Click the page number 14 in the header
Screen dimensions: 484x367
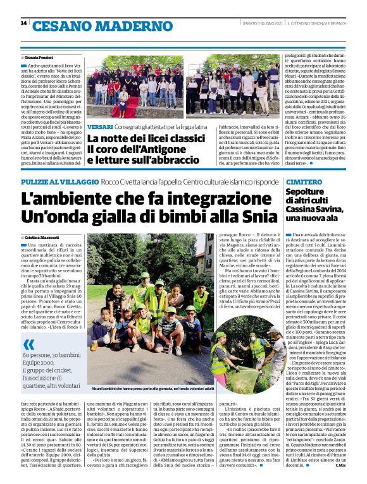point(23,23)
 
